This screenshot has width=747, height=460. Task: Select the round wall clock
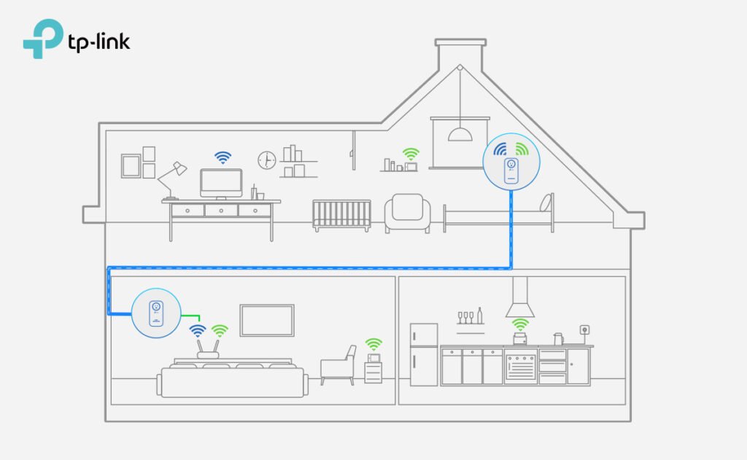click(266, 159)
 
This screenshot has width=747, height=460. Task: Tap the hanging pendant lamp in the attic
click(460, 133)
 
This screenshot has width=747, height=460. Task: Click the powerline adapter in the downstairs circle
click(155, 313)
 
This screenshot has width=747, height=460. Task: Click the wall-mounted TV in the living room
click(267, 320)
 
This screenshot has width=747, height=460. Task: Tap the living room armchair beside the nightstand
click(338, 365)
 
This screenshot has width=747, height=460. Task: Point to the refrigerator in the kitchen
click(423, 354)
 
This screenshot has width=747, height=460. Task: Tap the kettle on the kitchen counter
click(558, 339)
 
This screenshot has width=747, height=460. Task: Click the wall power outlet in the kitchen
click(584, 330)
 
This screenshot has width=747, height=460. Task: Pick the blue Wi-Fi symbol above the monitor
click(222, 157)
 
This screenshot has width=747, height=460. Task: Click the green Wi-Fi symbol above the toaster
click(520, 324)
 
